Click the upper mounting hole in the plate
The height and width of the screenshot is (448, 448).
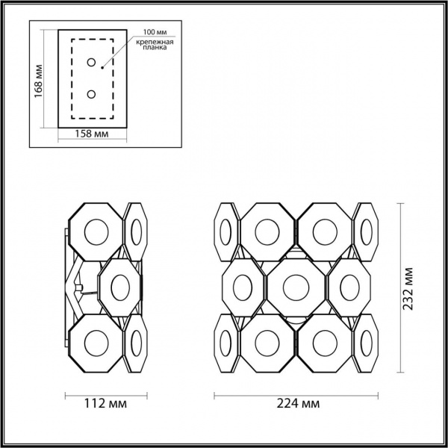coord(91,63)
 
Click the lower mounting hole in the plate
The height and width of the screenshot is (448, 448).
coord(91,95)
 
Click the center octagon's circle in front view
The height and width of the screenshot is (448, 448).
coord(295,286)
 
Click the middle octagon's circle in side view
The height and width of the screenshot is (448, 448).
coord(120,286)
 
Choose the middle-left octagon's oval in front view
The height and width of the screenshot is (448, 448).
coord(243,287)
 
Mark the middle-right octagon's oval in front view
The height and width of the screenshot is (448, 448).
coord(347,287)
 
